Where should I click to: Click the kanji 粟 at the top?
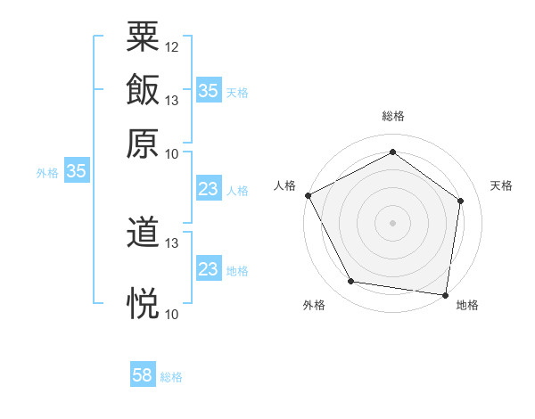143,37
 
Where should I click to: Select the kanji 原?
143,142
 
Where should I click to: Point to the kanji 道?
143,234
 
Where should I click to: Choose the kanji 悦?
143,303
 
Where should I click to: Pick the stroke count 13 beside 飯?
172,100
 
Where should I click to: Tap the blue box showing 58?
143,376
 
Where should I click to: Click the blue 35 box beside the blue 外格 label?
76,172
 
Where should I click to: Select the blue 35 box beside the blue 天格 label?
208,91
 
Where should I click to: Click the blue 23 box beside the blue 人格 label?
208,190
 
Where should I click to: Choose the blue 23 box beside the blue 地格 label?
208,269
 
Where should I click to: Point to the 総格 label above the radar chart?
392,116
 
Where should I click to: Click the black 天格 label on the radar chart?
501,185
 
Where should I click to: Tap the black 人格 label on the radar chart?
285,185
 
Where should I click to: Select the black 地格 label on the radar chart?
467,305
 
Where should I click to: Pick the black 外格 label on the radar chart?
315,305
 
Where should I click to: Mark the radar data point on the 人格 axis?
308,195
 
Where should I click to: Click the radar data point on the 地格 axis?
446,294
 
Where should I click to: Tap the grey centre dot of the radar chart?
392,222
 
